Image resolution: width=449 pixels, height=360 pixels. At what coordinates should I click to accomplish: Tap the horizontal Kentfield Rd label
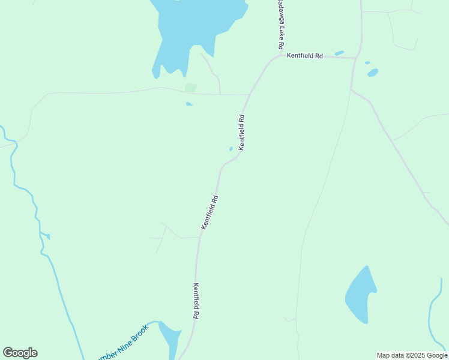pos(305,56)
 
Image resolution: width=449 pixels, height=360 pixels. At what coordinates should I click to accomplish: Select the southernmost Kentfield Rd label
pos(196,301)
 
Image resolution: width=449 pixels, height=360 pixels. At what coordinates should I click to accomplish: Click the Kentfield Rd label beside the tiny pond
pos(242,132)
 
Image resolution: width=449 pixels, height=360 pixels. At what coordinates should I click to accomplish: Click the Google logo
pos(20,353)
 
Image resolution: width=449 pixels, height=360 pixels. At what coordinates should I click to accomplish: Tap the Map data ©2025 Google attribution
pos(412,355)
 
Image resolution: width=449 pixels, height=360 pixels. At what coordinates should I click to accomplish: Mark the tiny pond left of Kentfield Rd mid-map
pos(231,149)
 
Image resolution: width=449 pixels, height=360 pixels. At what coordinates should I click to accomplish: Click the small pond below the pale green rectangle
pos(189,104)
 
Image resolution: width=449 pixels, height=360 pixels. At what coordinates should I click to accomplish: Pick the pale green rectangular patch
pos(190,88)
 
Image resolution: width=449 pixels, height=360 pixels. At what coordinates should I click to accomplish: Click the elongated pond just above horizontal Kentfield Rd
pos(339,53)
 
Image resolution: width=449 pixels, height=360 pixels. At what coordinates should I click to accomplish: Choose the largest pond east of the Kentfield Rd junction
pos(373,73)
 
